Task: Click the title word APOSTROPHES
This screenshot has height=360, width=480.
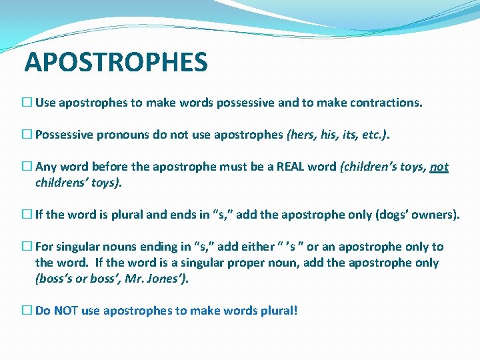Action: pyautogui.click(x=116, y=63)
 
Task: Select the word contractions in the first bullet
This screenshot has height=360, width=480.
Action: pyautogui.click(x=386, y=103)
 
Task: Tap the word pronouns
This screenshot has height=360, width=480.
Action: pyautogui.click(x=123, y=135)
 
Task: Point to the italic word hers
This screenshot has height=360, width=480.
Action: pyautogui.click(x=302, y=135)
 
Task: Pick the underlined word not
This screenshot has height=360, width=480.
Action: pyautogui.click(x=439, y=167)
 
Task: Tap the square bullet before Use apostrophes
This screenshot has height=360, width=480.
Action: pyautogui.click(x=26, y=103)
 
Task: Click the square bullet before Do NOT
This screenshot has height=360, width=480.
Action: pyautogui.click(x=26, y=310)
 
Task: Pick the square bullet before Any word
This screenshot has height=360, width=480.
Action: pyautogui.click(x=26, y=167)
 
